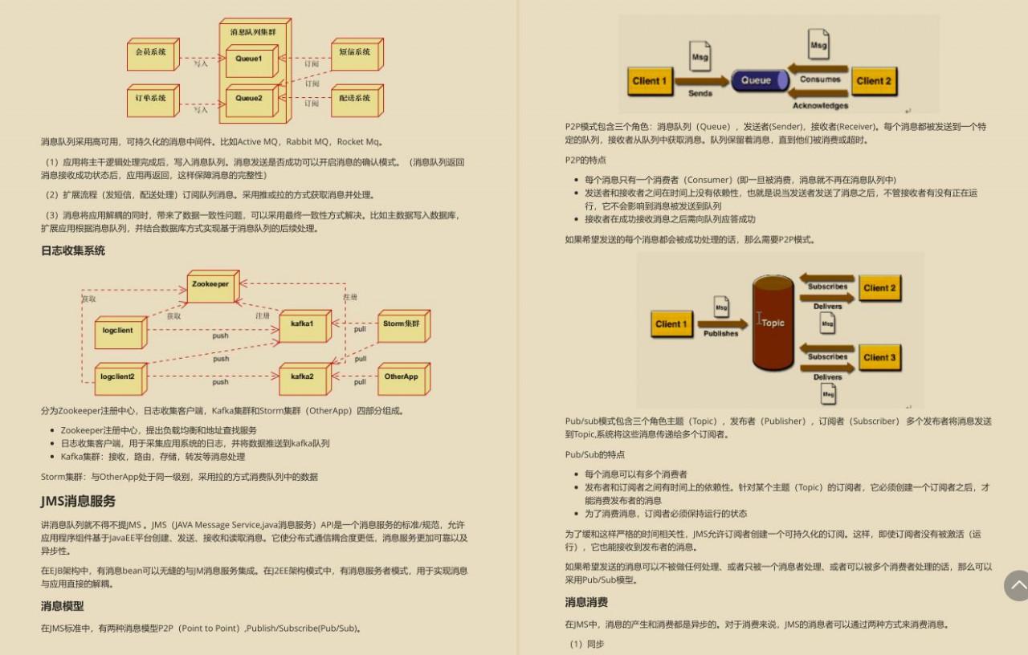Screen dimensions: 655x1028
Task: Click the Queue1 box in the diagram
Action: point(248,59)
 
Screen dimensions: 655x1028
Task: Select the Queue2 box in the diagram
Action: point(248,99)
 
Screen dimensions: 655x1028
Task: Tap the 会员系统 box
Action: point(150,53)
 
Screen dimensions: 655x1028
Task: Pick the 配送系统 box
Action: point(354,99)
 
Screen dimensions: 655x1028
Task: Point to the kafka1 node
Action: point(302,324)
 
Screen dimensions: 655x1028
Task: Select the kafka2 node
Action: point(302,377)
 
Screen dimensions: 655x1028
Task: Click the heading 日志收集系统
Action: point(73,250)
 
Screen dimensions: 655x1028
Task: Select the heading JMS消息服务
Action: point(78,501)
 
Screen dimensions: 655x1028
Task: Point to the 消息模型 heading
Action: point(63,606)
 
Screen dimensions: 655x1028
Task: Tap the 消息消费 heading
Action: point(586,602)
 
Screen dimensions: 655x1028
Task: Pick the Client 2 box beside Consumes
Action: point(874,81)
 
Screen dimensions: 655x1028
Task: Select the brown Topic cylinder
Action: point(773,323)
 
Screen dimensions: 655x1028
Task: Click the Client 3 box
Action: point(880,357)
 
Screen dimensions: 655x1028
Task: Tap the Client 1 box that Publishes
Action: point(671,324)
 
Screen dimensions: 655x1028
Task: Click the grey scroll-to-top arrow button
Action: point(1017,585)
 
